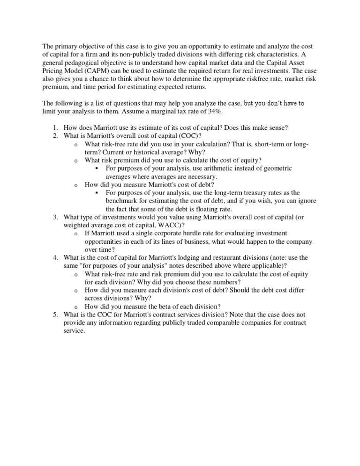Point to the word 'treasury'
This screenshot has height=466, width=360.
tap(258, 193)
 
